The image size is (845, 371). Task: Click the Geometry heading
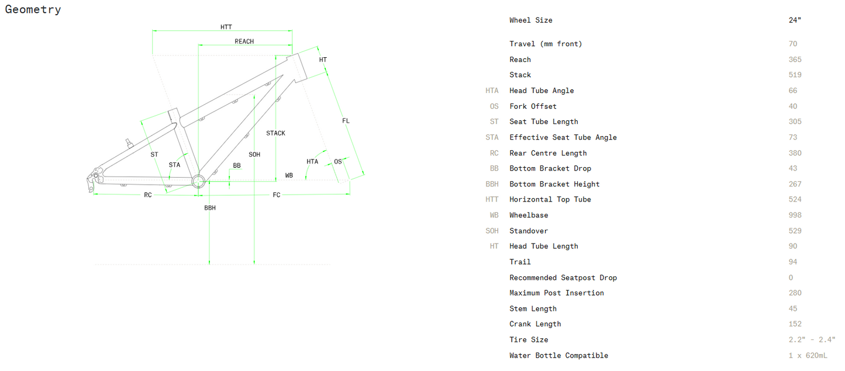pos(33,9)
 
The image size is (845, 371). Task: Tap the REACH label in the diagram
pos(244,41)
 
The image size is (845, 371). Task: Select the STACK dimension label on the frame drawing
pos(275,133)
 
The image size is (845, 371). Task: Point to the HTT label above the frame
pos(226,27)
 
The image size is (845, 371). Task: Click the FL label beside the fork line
pos(346,121)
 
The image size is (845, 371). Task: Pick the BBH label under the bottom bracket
pos(210,208)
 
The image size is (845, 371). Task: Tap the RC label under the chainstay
pos(148,195)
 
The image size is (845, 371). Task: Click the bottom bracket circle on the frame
pos(199,181)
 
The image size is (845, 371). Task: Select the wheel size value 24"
pos(795,20)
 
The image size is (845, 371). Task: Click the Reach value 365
pos(795,60)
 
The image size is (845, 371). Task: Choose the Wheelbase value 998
pos(795,216)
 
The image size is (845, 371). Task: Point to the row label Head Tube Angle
pos(542,91)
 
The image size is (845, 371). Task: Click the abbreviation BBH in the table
pos(492,184)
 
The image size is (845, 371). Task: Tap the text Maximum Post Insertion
pos(556,293)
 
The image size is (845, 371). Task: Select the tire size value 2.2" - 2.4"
pos(812,340)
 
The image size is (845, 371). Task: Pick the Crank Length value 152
pos(795,324)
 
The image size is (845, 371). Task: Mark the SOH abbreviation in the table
pos(492,231)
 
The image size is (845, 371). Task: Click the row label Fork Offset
pos(533,106)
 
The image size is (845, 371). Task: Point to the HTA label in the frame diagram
pos(312,162)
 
